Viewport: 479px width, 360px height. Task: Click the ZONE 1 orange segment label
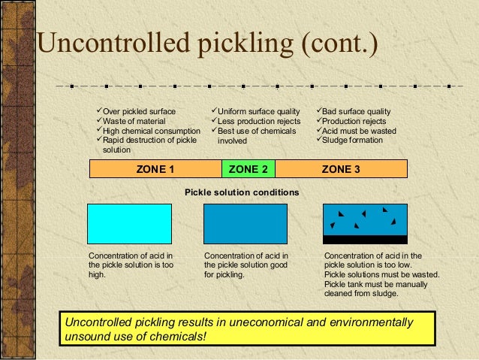click(x=155, y=169)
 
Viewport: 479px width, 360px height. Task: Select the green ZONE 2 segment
click(x=249, y=169)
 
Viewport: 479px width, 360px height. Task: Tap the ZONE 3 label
click(x=341, y=169)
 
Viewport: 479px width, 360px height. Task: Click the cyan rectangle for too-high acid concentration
click(x=129, y=223)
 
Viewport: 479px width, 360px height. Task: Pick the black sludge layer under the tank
click(x=364, y=240)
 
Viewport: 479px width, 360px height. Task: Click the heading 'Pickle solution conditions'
click(x=242, y=192)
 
